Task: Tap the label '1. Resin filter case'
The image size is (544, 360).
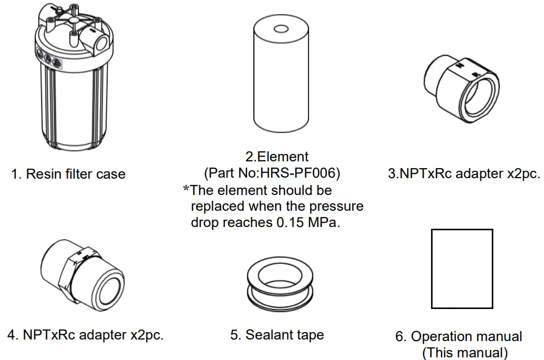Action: pos(68,174)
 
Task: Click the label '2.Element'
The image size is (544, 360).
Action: pos(277,157)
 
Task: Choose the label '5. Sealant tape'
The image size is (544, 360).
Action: pos(277,335)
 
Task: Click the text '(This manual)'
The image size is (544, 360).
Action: pos(465,352)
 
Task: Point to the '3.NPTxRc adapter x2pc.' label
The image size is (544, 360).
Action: pos(464,174)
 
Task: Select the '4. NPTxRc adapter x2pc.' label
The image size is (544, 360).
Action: pos(85,335)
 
